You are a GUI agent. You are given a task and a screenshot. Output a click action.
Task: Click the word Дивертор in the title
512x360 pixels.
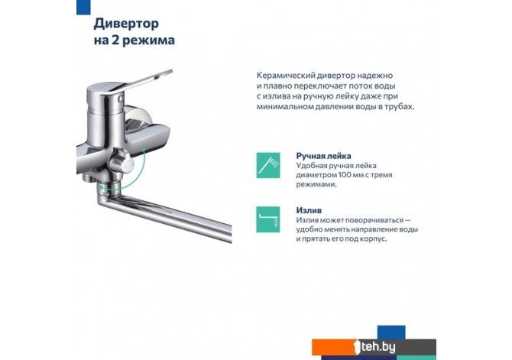[126, 24]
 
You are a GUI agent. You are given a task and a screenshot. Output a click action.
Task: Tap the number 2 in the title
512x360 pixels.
[115, 41]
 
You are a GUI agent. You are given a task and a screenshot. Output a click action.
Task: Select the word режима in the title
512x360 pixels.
[149, 41]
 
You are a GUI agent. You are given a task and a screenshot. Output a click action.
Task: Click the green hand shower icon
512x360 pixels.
[268, 165]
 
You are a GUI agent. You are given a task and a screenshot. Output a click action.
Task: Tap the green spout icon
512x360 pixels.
[268, 219]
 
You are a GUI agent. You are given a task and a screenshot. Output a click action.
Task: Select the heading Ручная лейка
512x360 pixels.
[323, 156]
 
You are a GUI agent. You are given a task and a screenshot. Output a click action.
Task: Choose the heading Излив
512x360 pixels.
[309, 210]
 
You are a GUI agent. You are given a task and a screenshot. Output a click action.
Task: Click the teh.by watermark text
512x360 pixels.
[378, 346]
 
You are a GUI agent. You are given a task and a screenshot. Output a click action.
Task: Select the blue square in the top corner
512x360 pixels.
[83, 7]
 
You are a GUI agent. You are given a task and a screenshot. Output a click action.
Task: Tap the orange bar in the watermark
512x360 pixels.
[334, 347]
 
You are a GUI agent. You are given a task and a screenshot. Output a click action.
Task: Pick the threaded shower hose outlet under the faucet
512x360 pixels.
[88, 177]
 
